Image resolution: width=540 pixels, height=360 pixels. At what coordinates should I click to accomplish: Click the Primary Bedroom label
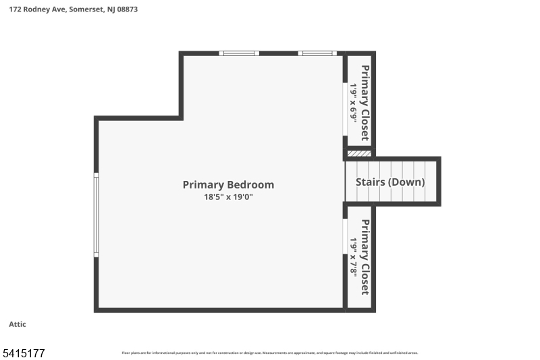pos(228,184)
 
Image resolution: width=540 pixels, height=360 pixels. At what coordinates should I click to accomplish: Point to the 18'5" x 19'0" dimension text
pos(228,197)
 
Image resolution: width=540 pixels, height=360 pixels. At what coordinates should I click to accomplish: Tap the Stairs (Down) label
pos(391,182)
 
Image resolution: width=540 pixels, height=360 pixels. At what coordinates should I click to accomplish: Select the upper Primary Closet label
pos(365,102)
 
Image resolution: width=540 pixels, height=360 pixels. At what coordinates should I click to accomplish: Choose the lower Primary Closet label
pos(365,257)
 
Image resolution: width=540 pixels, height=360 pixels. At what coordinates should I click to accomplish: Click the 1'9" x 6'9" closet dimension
pos(353,102)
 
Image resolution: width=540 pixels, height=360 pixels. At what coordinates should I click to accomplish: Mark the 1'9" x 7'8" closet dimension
pos(353,257)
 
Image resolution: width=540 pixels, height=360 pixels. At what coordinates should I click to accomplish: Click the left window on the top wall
pos(239,53)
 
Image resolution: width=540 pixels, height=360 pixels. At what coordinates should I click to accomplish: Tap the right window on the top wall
pos(317,53)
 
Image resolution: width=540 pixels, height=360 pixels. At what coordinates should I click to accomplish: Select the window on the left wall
pos(96,215)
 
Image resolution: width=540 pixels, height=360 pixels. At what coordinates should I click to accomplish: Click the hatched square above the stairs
pos(359,153)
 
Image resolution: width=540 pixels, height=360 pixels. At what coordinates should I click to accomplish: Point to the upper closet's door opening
pos(345,109)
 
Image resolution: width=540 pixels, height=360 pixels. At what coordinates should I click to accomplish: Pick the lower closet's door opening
pos(345,236)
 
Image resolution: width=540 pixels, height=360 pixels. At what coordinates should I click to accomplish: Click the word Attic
pos(18,324)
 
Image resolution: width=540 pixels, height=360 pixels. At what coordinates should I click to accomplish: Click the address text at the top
pos(74,9)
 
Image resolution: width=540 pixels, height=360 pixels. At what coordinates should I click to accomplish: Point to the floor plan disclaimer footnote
pos(269,353)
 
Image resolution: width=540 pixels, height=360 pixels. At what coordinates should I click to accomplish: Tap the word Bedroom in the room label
pos(250,184)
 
